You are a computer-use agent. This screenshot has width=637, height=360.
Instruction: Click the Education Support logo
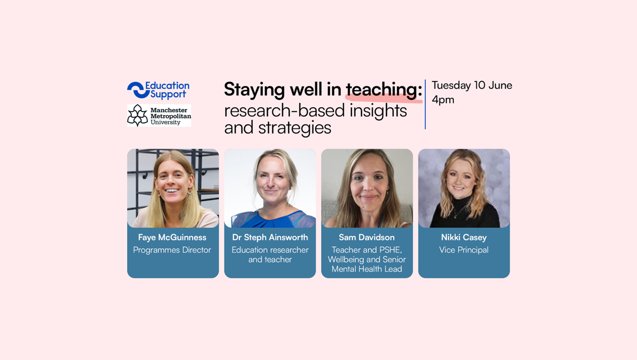coord(158,90)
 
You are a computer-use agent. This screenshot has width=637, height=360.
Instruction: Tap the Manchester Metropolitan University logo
coord(159,115)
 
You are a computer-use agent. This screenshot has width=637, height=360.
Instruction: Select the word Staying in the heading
coord(254,90)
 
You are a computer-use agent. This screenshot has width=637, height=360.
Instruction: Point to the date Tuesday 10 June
coord(472,85)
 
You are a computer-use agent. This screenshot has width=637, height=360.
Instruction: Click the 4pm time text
coord(443,100)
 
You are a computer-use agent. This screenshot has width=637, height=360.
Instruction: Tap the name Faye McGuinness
coord(173,237)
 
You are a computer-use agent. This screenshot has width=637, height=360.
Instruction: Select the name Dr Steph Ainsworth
coord(270,237)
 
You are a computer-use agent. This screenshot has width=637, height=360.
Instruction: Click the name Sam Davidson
coord(367,237)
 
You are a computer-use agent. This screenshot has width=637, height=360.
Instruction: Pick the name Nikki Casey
coord(464,237)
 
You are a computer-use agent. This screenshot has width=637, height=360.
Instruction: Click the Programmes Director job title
coord(172,250)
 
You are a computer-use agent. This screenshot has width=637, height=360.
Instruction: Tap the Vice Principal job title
coord(464,250)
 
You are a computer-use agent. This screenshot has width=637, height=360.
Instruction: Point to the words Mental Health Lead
coord(367,269)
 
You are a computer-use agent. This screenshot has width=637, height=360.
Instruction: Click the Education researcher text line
coord(270,250)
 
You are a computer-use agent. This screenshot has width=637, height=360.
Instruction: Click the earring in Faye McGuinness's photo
coord(190,191)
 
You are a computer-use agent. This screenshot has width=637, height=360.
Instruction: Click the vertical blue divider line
coord(425,105)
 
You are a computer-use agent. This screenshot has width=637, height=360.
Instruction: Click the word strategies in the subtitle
coord(295,128)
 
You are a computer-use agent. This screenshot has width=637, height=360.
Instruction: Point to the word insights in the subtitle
coord(378,110)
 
